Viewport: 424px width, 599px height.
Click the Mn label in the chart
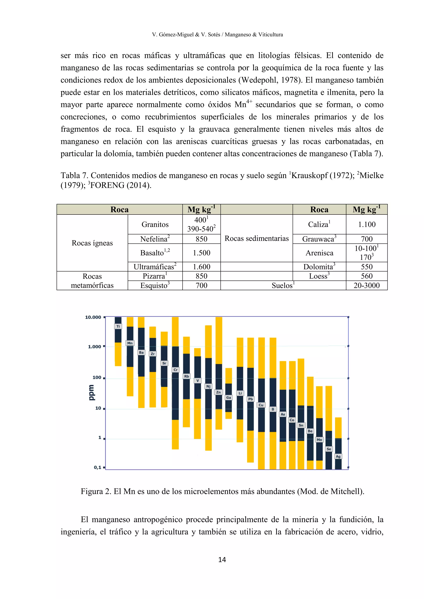130,343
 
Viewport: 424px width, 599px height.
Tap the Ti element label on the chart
118,326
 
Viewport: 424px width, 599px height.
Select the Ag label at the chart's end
338,456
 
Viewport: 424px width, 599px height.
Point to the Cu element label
261,405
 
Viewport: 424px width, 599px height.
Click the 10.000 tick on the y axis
93,317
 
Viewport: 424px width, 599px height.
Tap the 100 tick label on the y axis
97,377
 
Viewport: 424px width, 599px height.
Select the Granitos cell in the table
155,224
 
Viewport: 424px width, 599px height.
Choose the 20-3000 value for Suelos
367,285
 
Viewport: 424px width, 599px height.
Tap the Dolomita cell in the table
319,267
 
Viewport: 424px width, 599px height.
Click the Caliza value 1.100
367,224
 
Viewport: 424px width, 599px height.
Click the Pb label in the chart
250,399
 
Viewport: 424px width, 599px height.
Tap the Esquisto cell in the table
155,285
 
